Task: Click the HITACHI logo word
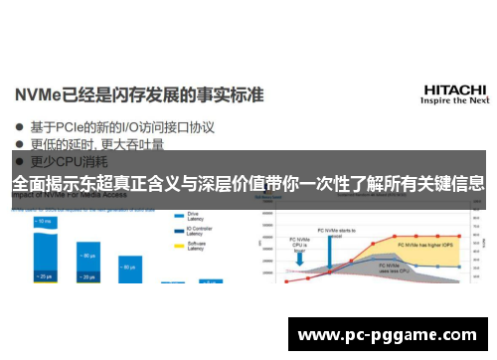tap(454, 90)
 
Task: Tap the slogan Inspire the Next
tap(454, 101)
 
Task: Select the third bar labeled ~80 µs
tap(129, 258)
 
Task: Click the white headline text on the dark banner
tap(248, 182)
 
